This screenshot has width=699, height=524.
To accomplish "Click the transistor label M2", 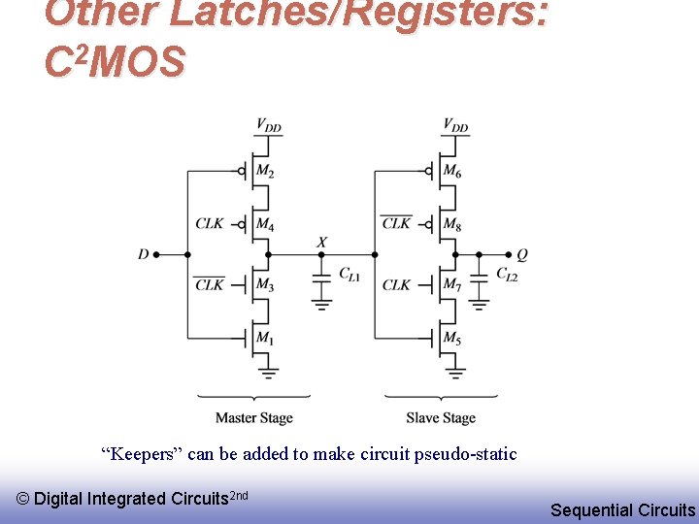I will coord(265,173).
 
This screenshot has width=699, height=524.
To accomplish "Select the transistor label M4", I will coord(265,224).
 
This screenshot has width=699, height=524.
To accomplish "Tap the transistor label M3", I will coord(265,284).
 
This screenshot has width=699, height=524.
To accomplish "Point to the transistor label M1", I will coord(265,338).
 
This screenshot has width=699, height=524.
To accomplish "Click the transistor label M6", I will coord(452,172).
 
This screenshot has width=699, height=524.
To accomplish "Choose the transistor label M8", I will coord(452,224).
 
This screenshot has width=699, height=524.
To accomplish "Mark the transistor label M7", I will coord(452,284).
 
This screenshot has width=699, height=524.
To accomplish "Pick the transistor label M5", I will coord(452,338).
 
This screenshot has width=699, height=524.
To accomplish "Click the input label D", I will coord(144,254).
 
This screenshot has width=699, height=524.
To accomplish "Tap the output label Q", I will coord(522,254).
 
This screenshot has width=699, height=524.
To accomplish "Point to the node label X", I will coord(321,242).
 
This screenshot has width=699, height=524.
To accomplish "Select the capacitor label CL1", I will coord(349,276).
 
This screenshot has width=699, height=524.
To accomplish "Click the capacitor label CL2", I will coord(506,275).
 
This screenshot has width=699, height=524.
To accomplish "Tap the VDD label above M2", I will coord(269,124).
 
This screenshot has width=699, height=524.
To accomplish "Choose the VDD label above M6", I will coord(455,124).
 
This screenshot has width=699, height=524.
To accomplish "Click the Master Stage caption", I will coord(253,418).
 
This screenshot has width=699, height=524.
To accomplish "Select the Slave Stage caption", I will coord(441,418).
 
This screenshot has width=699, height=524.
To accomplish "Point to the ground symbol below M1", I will coord(269,371).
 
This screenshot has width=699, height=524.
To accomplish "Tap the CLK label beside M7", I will coord(396,284).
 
